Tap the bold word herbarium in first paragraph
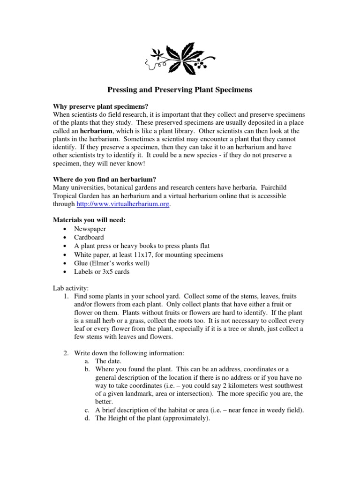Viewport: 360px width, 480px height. tap(97, 131)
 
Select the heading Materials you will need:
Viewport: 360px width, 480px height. tap(89, 220)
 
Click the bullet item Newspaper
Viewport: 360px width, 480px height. tap(90, 229)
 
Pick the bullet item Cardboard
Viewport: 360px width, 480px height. tap(89, 237)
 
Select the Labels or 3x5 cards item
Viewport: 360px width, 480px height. tap(101, 271)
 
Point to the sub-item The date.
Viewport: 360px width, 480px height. tap(108, 361)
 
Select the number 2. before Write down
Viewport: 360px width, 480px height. tap(66, 352)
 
